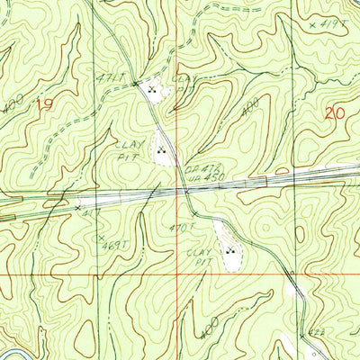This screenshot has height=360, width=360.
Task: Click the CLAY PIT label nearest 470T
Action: [198, 255]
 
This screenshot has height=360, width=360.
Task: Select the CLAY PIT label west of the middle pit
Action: [126, 148]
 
